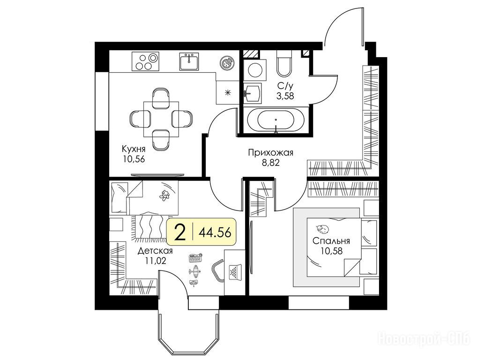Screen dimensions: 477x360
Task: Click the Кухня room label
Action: coord(134,149)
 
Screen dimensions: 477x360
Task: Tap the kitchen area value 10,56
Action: coord(134,159)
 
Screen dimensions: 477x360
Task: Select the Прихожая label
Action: coord(270,152)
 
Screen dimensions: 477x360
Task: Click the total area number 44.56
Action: coord(215,232)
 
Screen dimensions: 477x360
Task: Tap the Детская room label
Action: coord(155,251)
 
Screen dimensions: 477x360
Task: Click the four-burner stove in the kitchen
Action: coord(145,61)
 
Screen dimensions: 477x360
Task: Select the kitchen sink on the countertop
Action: coord(189,61)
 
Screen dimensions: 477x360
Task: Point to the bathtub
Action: coord(276,120)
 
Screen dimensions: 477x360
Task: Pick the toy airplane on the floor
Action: coord(195,270)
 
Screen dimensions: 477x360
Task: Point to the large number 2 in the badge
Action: coord(180,232)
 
